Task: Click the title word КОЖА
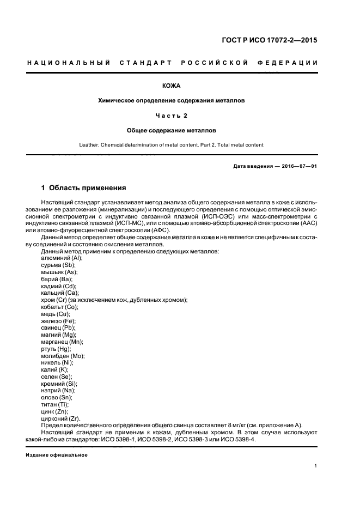click(171, 86)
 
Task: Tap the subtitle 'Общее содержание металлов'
click(171, 131)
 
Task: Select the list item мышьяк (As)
click(59, 271)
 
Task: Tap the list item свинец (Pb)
click(58, 327)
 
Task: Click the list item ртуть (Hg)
click(56, 349)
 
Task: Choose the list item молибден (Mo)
click(63, 355)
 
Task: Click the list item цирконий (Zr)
click(62, 418)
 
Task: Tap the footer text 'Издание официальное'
click(57, 454)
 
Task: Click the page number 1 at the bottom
click(316, 466)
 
